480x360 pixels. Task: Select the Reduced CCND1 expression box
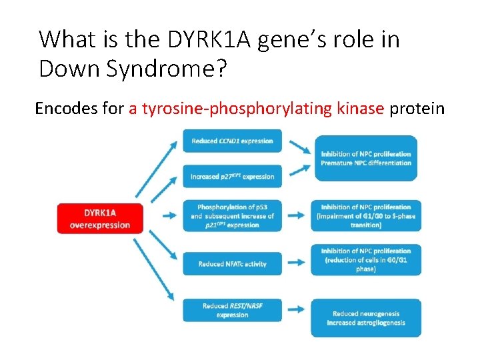tap(232, 141)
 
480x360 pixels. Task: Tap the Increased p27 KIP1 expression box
tap(232, 177)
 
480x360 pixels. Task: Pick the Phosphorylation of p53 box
tap(232, 215)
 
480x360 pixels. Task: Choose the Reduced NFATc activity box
tap(232, 264)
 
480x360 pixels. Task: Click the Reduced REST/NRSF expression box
tap(232, 311)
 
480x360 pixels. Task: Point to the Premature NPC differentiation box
tap(366, 159)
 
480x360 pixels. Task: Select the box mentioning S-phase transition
tap(366, 215)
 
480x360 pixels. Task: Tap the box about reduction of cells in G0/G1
tap(366, 260)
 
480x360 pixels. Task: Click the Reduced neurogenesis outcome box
tap(366, 318)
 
